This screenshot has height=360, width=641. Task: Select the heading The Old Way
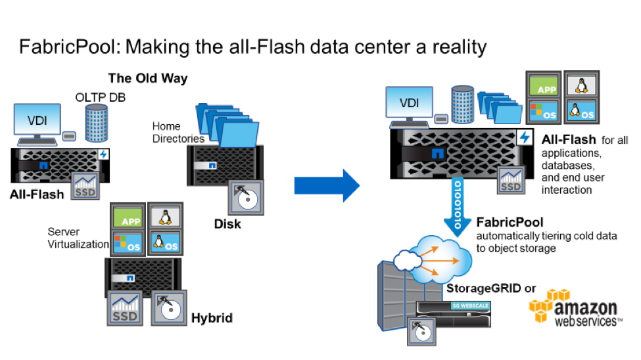click(147, 79)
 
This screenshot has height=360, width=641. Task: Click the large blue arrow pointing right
click(326, 187)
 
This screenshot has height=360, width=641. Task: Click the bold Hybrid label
click(212, 318)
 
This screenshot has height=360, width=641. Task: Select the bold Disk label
click(227, 224)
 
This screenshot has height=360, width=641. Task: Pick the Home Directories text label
click(178, 132)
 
